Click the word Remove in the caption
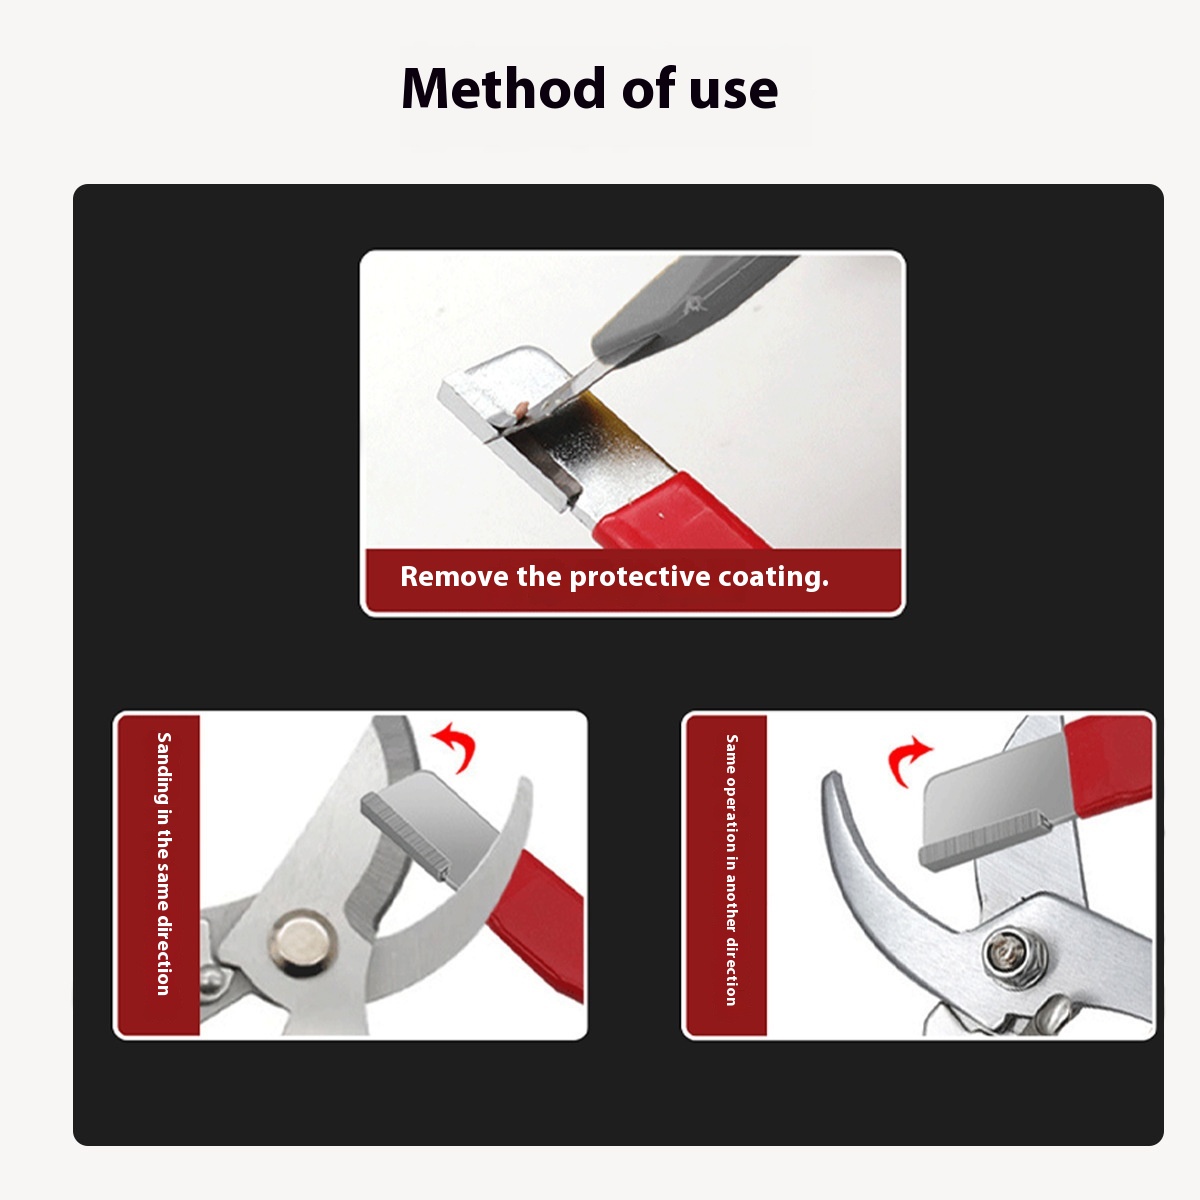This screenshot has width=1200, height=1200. click(x=454, y=577)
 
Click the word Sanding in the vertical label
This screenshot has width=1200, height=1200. click(x=163, y=768)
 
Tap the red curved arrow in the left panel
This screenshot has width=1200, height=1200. click(x=455, y=745)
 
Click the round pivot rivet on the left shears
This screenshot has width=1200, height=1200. click(x=302, y=943)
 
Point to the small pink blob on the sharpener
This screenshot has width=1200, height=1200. click(x=521, y=408)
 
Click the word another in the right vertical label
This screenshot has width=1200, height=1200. click(x=732, y=908)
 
